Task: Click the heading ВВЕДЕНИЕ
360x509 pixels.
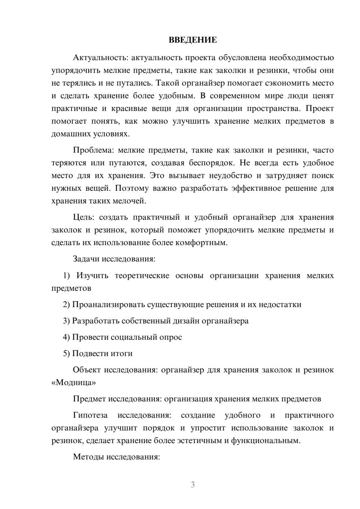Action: tap(193, 40)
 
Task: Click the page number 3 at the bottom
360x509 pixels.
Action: tap(193, 485)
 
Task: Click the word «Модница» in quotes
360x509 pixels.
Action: tap(74, 383)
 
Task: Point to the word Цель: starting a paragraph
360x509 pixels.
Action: tap(84, 217)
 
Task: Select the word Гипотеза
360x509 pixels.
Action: tap(90, 415)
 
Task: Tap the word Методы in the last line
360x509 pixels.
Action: tap(87, 457)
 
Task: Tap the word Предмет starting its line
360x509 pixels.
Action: tap(89, 399)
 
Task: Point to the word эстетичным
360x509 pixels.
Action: tap(201, 441)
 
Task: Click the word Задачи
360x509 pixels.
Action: tap(86, 259)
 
